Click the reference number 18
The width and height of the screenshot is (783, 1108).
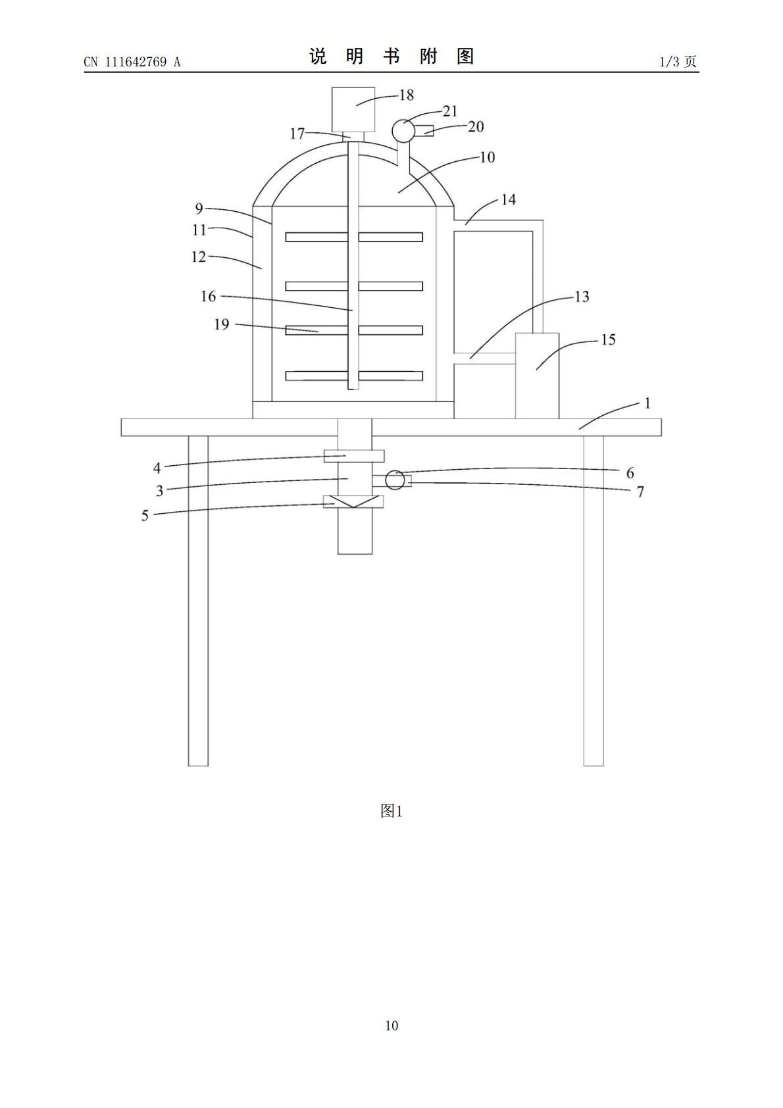tap(407, 95)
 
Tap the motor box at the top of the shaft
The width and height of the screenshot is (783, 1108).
tap(353, 110)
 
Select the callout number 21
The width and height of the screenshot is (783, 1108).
tap(449, 111)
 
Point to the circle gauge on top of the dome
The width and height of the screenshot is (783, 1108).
tap(403, 131)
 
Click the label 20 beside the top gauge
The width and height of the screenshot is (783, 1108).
tap(476, 126)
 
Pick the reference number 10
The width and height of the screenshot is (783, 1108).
tap(487, 157)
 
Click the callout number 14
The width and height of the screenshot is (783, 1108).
tap(509, 199)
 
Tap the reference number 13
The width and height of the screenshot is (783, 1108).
tap(582, 296)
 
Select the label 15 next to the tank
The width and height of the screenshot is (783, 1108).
tap(609, 340)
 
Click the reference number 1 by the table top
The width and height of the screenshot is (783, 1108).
tap(647, 403)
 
